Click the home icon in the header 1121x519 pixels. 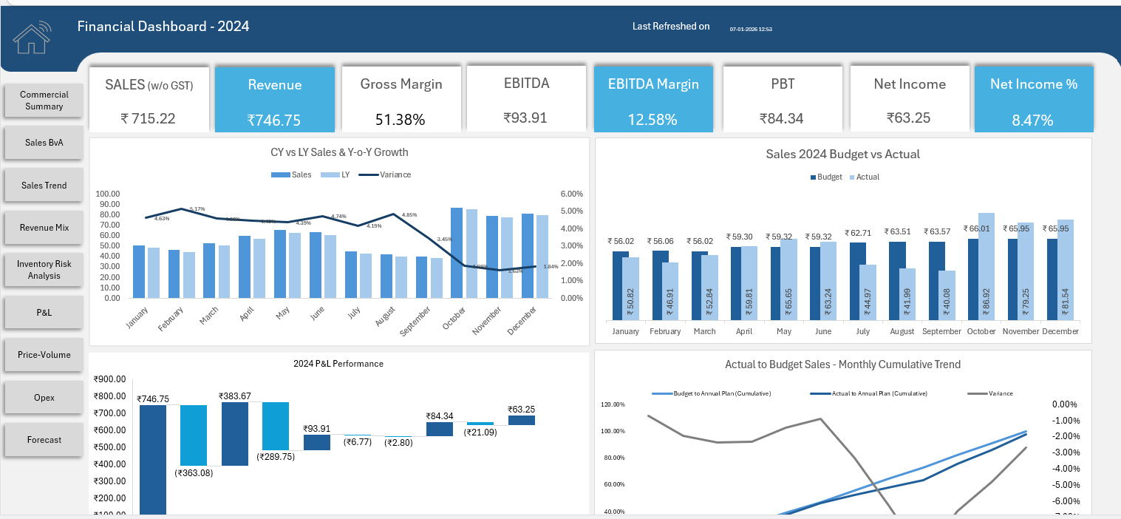point(32,38)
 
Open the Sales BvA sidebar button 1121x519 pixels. point(44,143)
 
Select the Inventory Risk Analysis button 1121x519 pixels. point(44,270)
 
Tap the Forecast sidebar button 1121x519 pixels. point(44,440)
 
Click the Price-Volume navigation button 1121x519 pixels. point(44,355)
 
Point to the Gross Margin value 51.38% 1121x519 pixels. point(401,119)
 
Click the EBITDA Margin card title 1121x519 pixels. point(653,84)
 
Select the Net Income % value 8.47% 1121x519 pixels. point(1032,121)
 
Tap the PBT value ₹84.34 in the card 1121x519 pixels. point(783,118)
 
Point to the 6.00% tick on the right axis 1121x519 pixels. point(571,194)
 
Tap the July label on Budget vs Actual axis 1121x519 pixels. point(863,331)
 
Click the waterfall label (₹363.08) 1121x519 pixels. point(194,472)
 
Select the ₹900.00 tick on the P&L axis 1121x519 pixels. point(109,379)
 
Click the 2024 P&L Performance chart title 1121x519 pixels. point(338,364)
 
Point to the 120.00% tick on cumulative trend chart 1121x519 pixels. point(613,404)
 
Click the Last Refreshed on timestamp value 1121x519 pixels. point(751,30)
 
